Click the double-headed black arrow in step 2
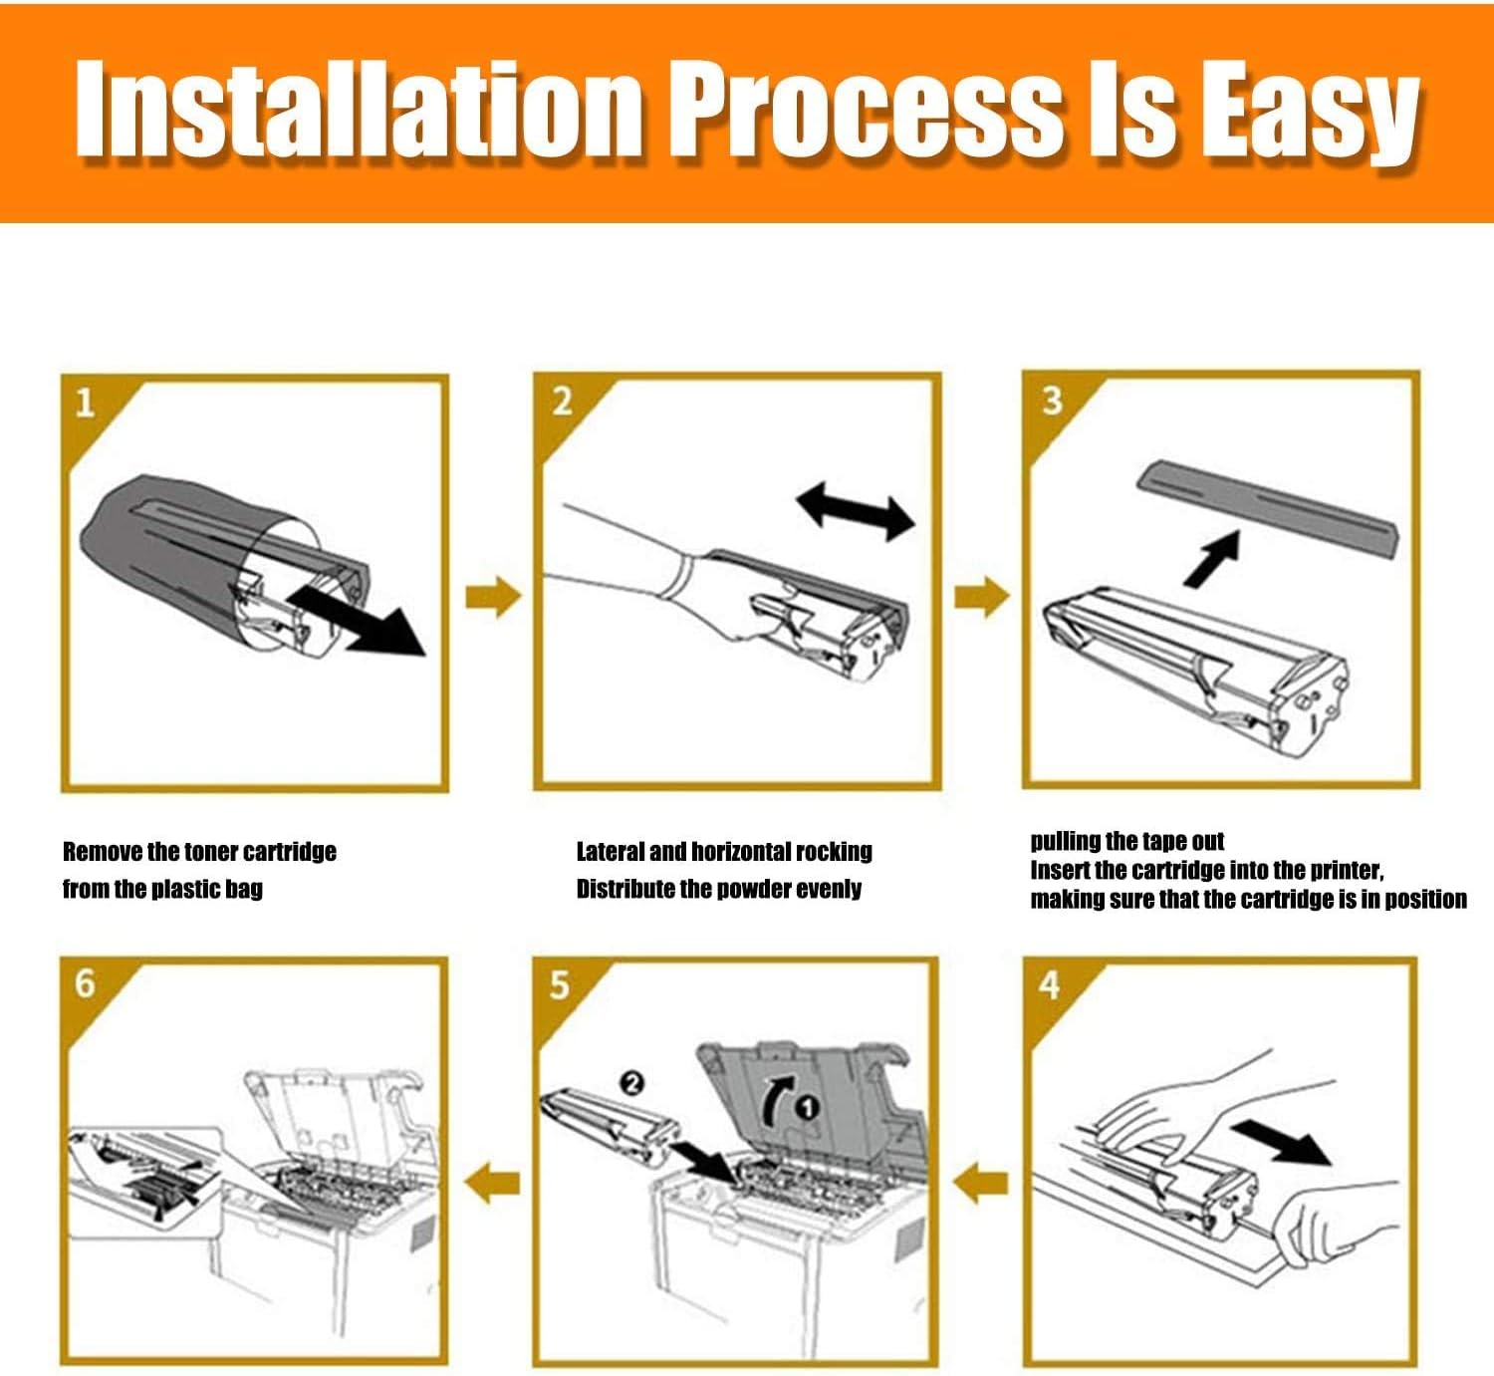pos(855,510)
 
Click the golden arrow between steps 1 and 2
pos(493,597)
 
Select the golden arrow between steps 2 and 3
pos(982,596)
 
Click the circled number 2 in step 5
pos(632,1083)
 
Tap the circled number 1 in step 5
pos(807,1109)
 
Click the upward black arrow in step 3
pos(1212,559)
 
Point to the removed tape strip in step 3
pos(1267,508)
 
